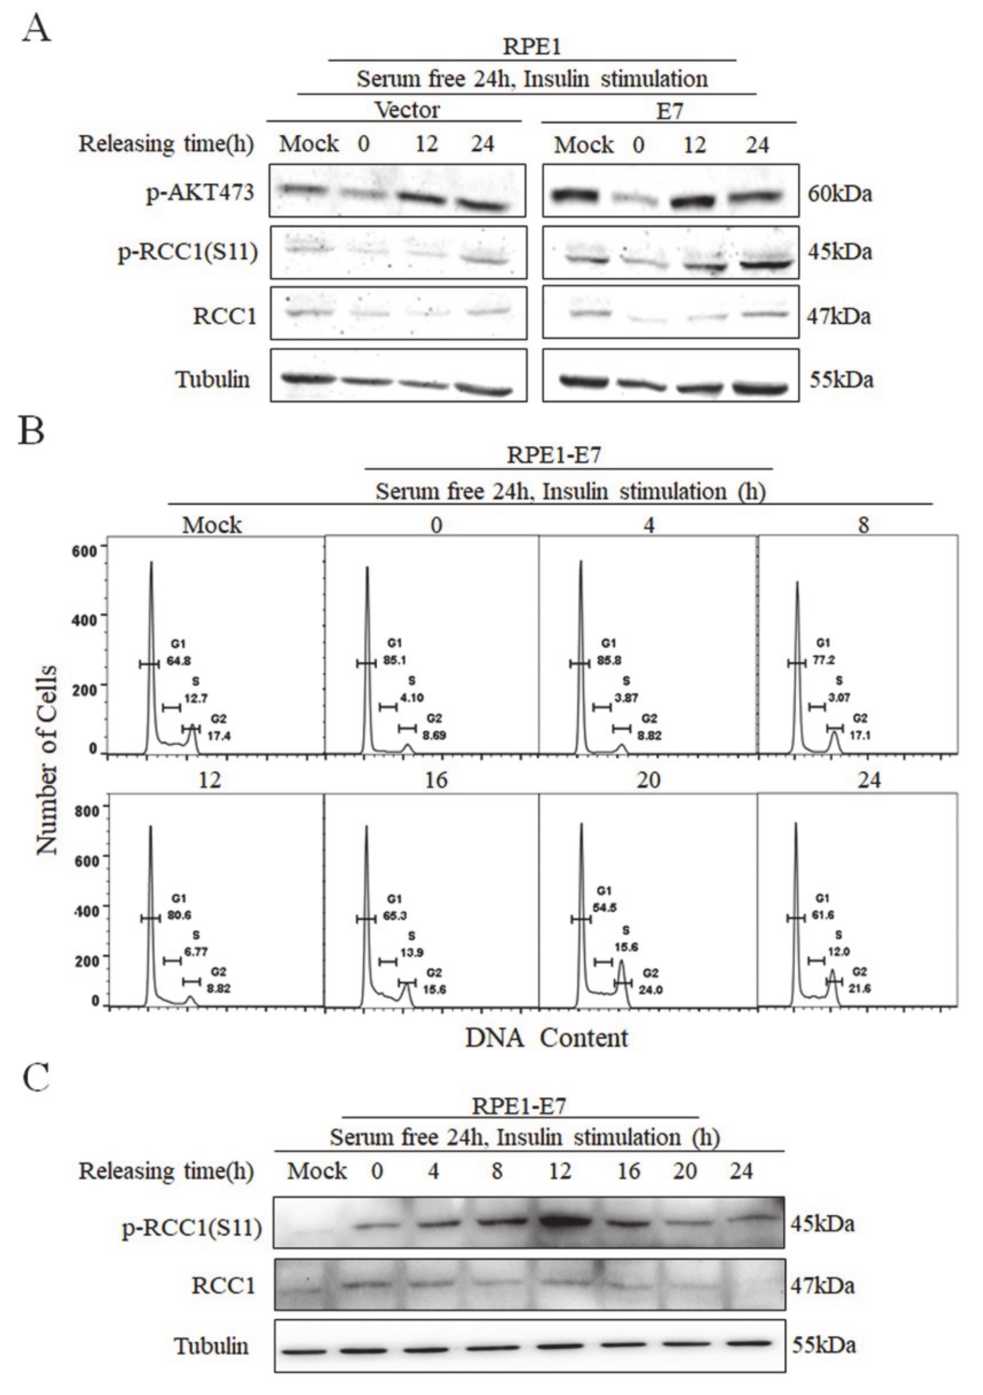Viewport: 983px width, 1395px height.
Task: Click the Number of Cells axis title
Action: click(x=47, y=760)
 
